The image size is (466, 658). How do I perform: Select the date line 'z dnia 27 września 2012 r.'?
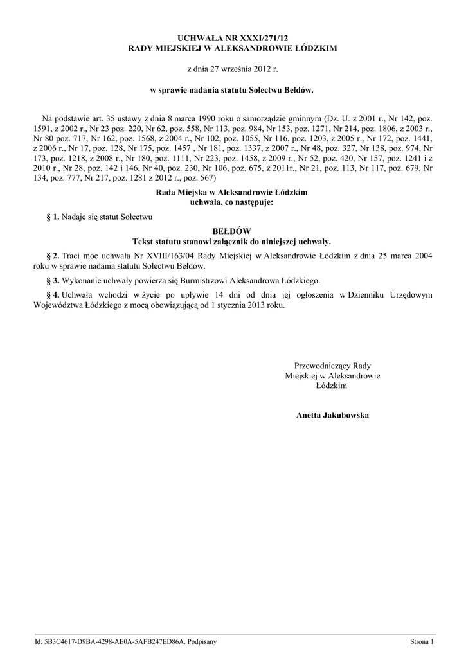pos(233,67)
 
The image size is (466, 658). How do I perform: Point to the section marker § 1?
pos(53,218)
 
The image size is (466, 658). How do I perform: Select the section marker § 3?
pos(53,281)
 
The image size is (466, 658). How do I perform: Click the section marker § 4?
pos(53,295)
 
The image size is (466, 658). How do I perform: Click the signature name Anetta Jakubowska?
pos(332,416)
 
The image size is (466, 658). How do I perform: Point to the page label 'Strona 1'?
pos(422,641)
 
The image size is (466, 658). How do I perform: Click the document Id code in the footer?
pos(114,641)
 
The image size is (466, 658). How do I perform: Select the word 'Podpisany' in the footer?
pos(202,641)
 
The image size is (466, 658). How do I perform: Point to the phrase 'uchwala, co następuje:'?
pos(232,202)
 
